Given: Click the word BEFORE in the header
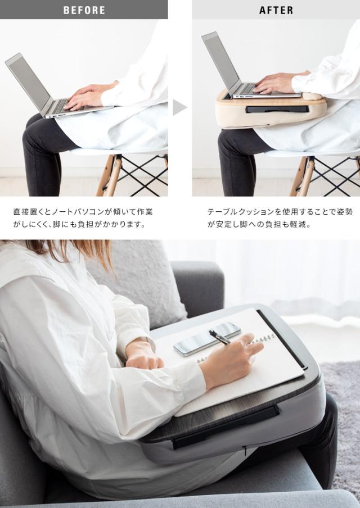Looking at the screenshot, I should pos(84,10).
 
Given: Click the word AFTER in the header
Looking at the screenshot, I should pos(276,10).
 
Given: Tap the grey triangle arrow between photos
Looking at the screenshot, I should pos(179,107).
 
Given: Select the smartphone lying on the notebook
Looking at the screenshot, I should pos(207,338).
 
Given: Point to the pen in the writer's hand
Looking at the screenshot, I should pos(219,337).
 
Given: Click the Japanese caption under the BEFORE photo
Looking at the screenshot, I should pos(83,218).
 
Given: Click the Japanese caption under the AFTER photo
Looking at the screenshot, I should pos(280,218).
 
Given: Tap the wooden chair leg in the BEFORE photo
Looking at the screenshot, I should pos(110,175).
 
